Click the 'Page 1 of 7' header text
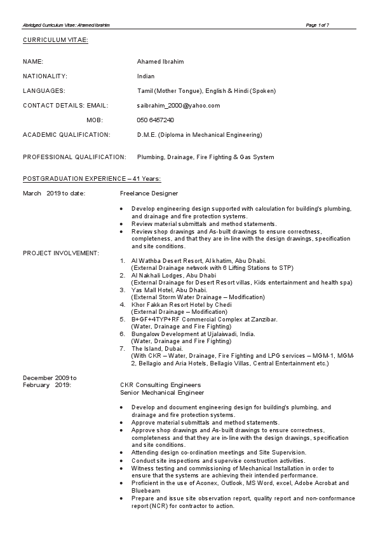point(317,25)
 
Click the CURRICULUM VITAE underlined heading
point(55,40)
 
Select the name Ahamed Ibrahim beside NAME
point(158,62)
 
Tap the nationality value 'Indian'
point(145,76)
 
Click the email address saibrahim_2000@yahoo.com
point(179,105)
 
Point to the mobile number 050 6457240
point(155,120)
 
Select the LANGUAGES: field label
point(44,91)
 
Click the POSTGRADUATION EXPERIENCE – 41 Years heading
point(91,180)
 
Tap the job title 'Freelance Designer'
point(149,193)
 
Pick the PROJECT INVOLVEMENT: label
point(61,253)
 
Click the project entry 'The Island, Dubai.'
point(157,348)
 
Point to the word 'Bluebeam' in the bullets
point(145,491)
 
